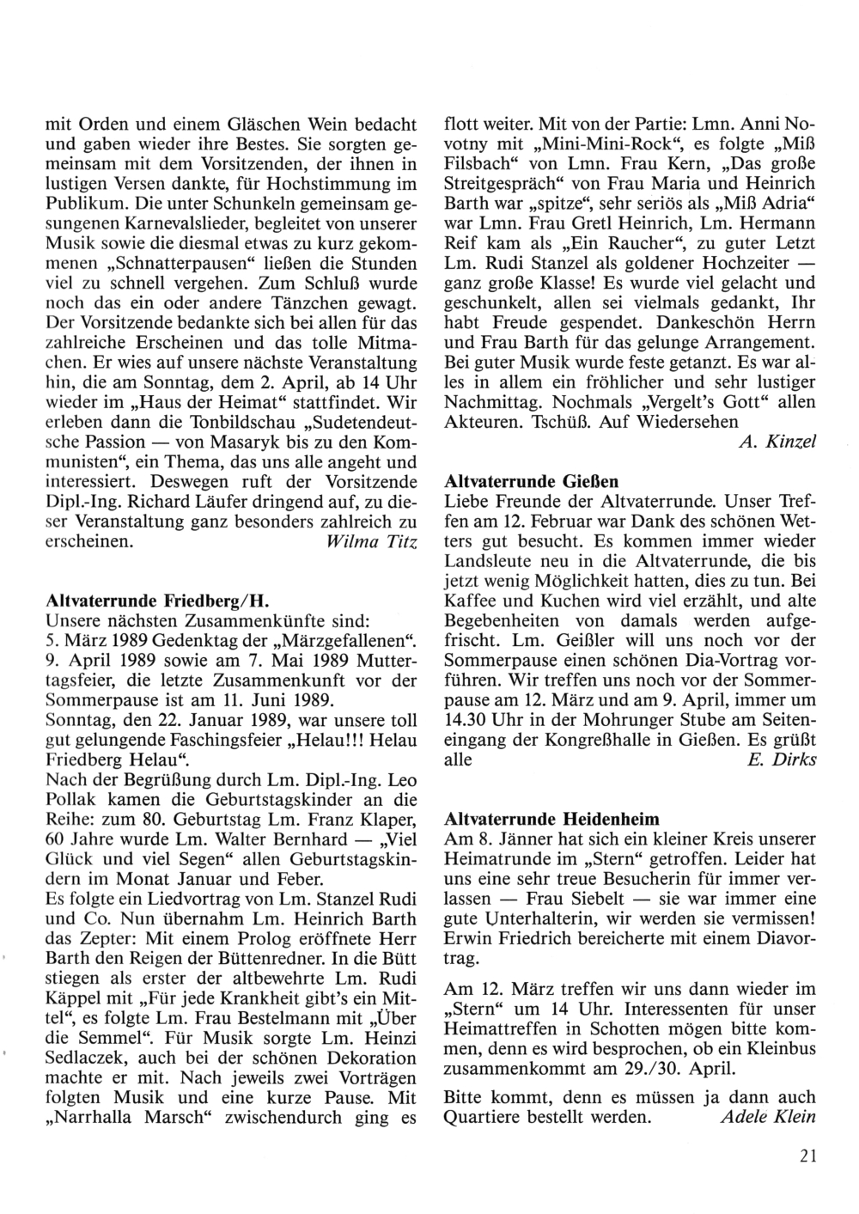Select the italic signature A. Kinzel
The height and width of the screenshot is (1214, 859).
pos(777,442)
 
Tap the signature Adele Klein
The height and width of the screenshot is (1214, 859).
pos(768,1118)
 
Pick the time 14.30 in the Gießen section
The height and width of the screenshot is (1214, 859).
pos(468,719)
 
